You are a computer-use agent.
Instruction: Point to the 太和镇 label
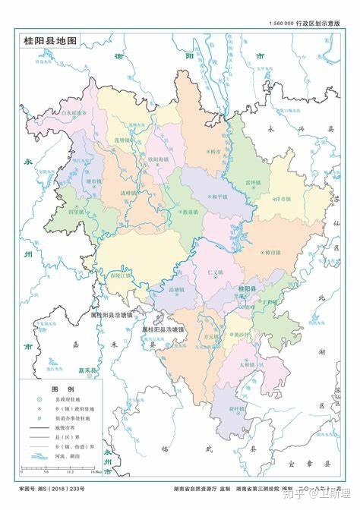[x=267, y=364]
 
